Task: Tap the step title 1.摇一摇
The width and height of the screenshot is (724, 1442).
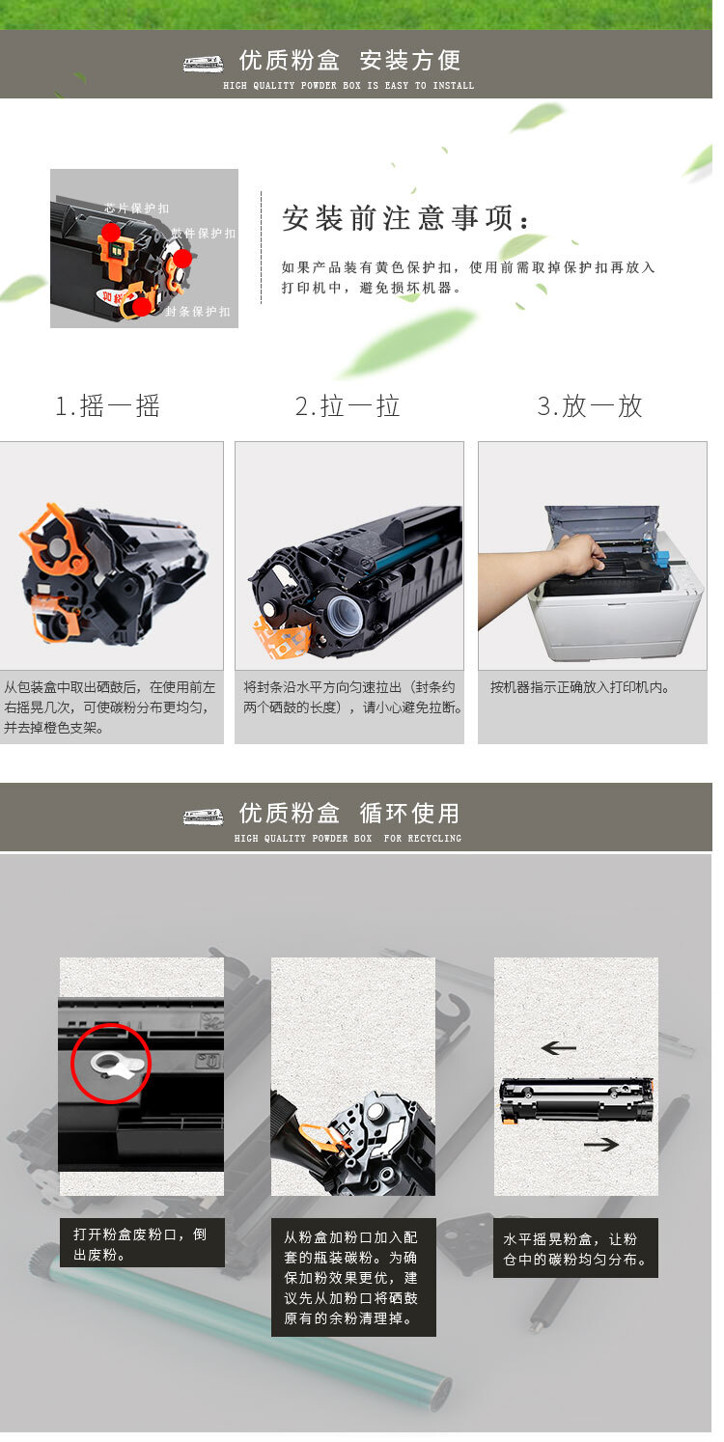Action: coord(107,406)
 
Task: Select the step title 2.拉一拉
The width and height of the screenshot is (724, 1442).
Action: coord(348,406)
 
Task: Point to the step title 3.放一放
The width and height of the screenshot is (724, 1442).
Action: coord(590,406)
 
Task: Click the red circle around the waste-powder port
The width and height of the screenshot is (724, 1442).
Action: coord(111,1063)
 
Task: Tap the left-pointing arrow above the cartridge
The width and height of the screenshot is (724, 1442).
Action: coord(558,1047)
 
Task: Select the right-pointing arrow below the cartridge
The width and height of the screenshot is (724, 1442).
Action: coord(600,1144)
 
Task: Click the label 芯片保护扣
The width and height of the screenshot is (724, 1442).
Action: coord(137,208)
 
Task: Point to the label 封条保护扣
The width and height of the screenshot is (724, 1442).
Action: coord(198,312)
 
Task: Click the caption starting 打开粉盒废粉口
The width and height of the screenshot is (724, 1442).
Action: coord(141,1244)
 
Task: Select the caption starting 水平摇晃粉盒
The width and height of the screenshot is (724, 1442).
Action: coord(575,1249)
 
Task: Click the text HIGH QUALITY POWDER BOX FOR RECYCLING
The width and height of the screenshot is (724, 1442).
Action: coord(348,839)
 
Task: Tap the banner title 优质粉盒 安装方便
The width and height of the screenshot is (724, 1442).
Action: coord(349,61)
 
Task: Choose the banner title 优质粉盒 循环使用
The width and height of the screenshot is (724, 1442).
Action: coord(349,814)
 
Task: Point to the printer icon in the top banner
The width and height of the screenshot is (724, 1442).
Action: coord(203,64)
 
